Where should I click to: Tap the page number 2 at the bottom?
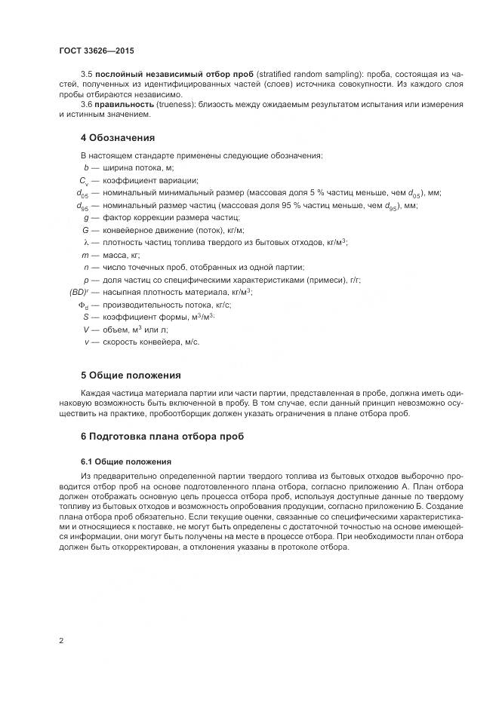[60, 641]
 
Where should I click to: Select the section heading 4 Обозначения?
[117, 138]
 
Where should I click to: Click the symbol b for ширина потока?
[87, 167]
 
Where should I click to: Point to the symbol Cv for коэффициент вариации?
[85, 180]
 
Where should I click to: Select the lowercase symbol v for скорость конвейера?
[87, 342]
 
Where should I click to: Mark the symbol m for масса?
[86, 255]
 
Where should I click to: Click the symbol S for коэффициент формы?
[87, 317]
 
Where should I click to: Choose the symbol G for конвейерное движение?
[86, 230]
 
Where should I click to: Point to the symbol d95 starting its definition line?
[82, 205]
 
